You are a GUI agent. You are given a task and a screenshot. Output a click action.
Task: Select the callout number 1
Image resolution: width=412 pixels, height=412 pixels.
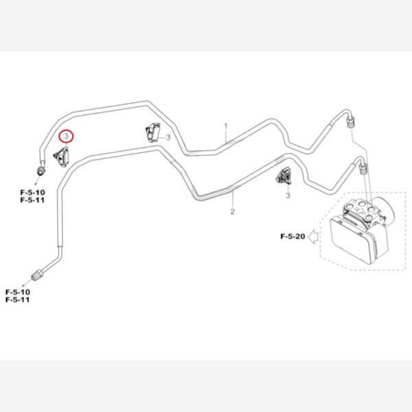pyautogui.click(x=225, y=127)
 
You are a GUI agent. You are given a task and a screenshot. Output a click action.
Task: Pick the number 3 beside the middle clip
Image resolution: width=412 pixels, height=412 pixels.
pyautogui.click(x=169, y=137)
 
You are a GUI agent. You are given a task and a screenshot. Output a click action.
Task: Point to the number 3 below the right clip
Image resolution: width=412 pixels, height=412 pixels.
pyautogui.click(x=288, y=196)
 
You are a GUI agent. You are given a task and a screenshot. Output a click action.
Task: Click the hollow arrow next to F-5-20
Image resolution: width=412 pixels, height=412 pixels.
pyautogui.click(x=312, y=237)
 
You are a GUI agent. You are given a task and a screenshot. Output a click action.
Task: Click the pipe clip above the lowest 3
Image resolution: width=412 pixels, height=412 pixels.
pyautogui.click(x=284, y=175)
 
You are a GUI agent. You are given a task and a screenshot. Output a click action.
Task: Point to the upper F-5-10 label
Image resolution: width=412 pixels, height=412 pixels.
pyautogui.click(x=32, y=193)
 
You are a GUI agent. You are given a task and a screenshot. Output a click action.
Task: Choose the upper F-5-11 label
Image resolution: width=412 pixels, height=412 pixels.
pyautogui.click(x=32, y=201)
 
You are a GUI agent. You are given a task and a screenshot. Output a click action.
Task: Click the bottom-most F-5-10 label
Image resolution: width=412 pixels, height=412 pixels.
pyautogui.click(x=17, y=293)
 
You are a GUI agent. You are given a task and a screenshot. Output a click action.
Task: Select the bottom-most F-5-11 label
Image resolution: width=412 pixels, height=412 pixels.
pyautogui.click(x=17, y=301)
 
